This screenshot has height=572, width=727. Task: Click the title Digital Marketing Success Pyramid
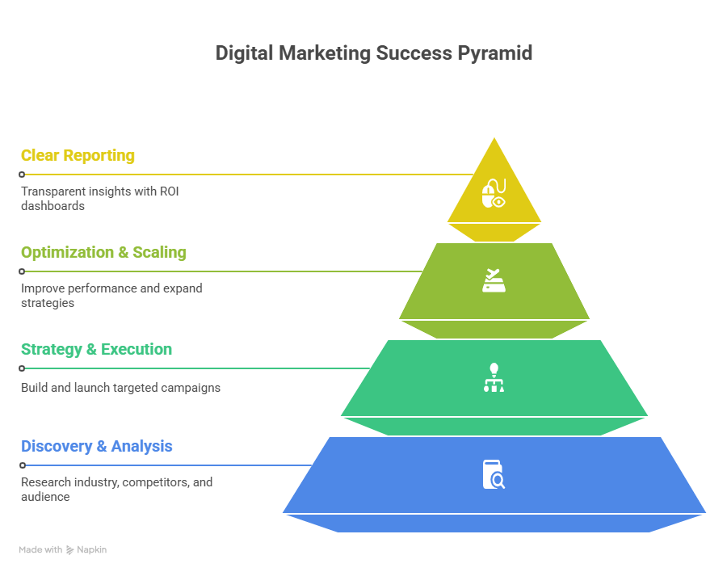(374, 53)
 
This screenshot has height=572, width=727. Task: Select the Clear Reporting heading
(78, 156)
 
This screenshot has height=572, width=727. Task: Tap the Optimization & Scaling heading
(104, 252)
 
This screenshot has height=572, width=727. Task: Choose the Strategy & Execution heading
(96, 350)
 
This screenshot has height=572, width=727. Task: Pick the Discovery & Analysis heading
(96, 446)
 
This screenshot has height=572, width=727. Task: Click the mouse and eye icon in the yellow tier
(494, 193)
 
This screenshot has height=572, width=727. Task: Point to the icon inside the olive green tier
(494, 280)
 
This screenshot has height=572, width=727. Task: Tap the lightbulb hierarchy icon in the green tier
(494, 377)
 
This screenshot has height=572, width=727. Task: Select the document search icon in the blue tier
(494, 474)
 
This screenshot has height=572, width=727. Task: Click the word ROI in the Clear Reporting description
(170, 191)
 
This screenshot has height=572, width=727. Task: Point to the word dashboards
(53, 206)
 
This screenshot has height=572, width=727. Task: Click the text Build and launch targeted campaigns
(120, 388)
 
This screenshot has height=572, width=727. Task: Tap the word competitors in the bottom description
(155, 482)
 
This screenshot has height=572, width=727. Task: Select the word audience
(45, 497)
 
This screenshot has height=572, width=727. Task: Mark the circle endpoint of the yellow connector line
(22, 175)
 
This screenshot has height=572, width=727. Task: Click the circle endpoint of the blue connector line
(23, 465)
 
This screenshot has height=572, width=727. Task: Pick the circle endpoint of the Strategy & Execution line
(22, 368)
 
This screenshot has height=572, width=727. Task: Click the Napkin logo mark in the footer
(69, 550)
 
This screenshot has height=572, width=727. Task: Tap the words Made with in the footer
(40, 549)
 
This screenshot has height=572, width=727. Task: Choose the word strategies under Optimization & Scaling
(48, 303)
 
